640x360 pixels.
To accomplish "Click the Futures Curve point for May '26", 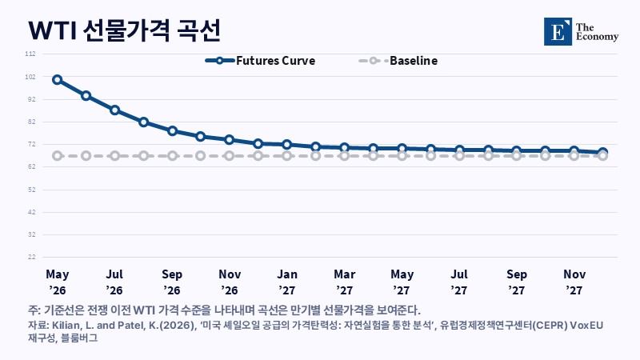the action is pyautogui.click(x=57, y=79).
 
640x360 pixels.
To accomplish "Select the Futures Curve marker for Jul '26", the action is pyautogui.click(x=114, y=110).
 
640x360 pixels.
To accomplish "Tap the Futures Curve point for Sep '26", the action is pyautogui.click(x=172, y=131).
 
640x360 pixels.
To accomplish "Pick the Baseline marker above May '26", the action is pyautogui.click(x=57, y=156).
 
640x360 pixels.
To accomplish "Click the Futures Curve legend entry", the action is pyautogui.click(x=260, y=61).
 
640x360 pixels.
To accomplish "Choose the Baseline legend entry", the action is pyautogui.click(x=398, y=61).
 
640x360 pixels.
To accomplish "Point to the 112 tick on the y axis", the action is pyautogui.click(x=30, y=54).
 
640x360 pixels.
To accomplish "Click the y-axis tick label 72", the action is pyautogui.click(x=32, y=145).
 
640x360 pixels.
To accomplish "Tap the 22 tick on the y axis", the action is pyautogui.click(x=32, y=257).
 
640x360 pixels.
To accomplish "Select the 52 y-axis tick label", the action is pyautogui.click(x=32, y=190).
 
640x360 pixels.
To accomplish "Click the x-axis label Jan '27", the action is pyautogui.click(x=287, y=282).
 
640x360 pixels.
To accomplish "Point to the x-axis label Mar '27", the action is pyautogui.click(x=345, y=282).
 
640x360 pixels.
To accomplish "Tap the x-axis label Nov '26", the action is pyautogui.click(x=230, y=282).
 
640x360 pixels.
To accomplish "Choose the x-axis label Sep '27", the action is pyautogui.click(x=517, y=282).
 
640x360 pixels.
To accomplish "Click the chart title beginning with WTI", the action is pyautogui.click(x=125, y=30).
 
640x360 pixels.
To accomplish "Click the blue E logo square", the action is pyautogui.click(x=558, y=31).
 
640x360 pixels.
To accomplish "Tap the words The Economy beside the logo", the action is pyautogui.click(x=597, y=32).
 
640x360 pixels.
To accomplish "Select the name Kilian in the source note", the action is pyautogui.click(x=63, y=326).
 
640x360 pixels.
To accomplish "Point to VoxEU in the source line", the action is pyautogui.click(x=586, y=326).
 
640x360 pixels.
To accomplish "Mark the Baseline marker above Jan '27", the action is pyautogui.click(x=287, y=156).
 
